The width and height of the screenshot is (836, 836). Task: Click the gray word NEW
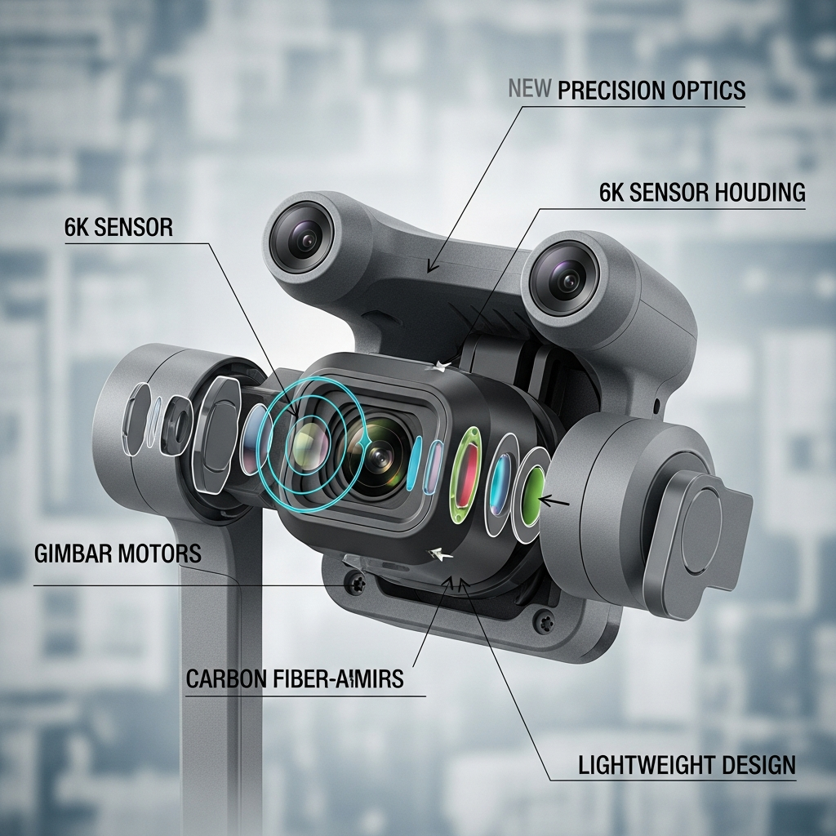coord(529,89)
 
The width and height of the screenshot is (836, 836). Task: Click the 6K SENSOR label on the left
coord(118,227)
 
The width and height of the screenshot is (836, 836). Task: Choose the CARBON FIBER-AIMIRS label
coord(294,678)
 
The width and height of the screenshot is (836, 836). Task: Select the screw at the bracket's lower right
coord(543,621)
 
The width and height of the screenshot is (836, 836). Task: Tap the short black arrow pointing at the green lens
coord(554,501)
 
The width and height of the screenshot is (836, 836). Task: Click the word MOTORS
coord(159,554)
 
